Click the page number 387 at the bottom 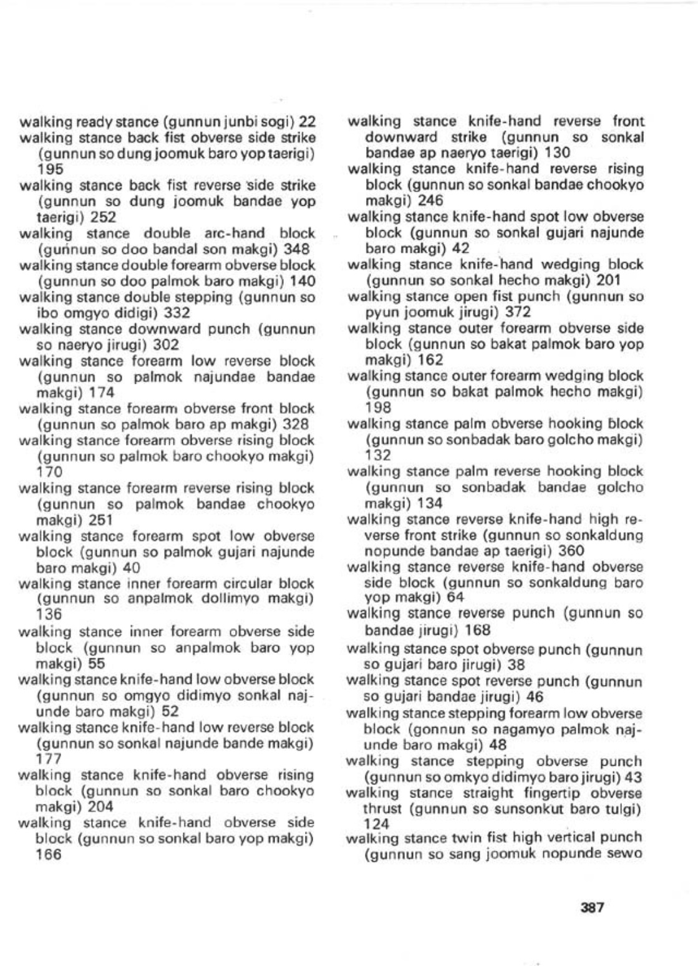tap(592, 908)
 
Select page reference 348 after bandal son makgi tap(297, 250)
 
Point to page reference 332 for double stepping tap(177, 313)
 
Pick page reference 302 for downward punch tap(166, 345)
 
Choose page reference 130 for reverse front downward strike tap(557, 153)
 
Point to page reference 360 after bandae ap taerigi tap(571, 551)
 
